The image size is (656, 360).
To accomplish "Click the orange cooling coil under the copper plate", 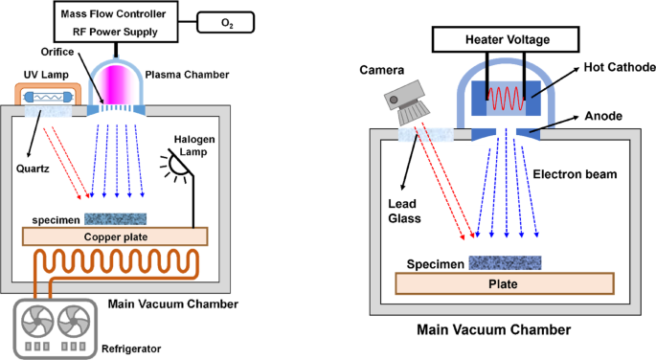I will point(115,261).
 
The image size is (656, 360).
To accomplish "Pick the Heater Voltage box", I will point(507,39).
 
